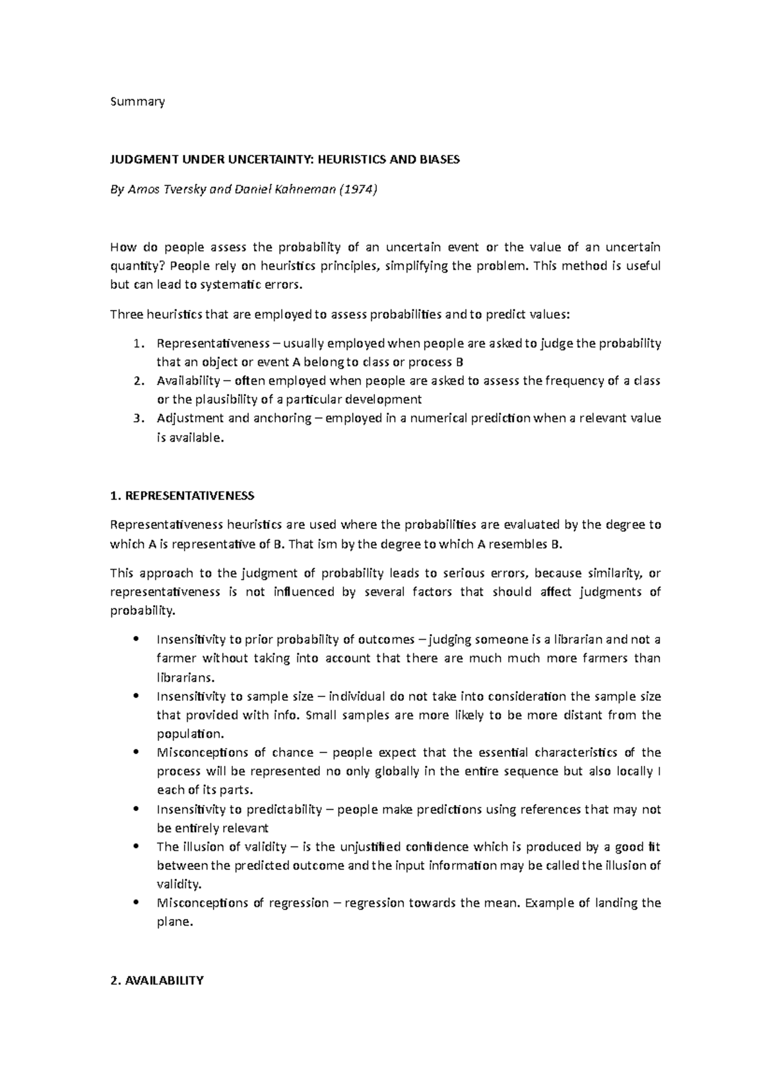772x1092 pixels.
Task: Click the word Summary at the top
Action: click(138, 101)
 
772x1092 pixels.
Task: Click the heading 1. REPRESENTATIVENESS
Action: click(182, 496)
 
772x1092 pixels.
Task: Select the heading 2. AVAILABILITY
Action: click(157, 980)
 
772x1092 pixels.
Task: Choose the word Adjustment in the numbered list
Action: click(191, 418)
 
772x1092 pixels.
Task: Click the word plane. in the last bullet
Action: click(174, 922)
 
